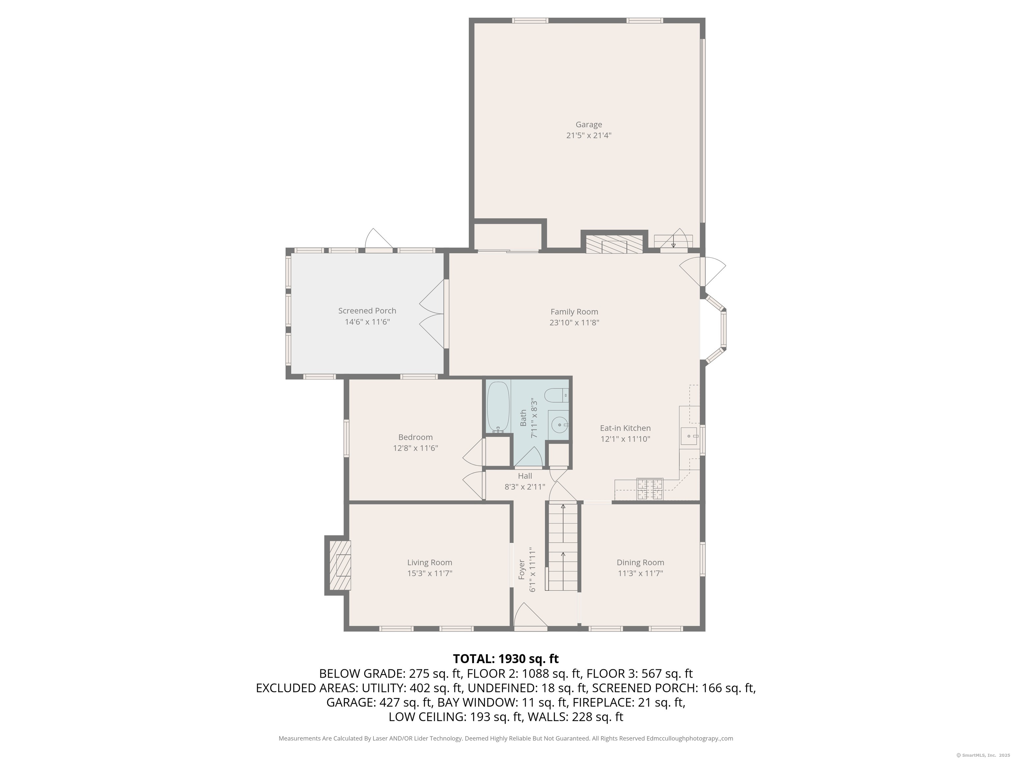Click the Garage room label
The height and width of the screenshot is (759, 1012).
588,125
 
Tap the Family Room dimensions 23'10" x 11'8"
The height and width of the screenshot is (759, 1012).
574,323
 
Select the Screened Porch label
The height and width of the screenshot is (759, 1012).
367,311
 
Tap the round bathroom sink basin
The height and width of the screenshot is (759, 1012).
559,425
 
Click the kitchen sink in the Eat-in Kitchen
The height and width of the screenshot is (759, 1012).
689,436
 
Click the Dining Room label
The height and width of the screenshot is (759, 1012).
640,562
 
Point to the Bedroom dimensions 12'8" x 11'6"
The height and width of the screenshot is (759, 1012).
415,448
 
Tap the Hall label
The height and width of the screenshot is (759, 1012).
525,476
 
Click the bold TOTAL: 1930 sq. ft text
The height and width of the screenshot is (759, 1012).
506,659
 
